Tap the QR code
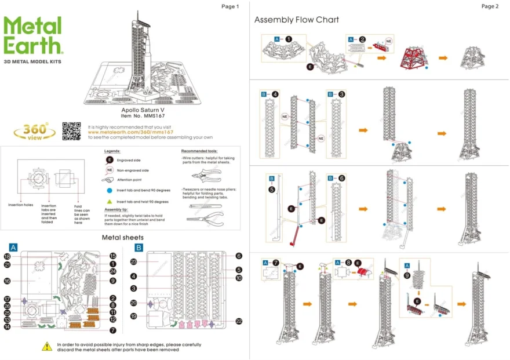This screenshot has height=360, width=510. (x=71, y=131)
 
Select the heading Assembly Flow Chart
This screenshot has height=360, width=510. (x=296, y=20)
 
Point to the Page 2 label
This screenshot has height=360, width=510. (x=489, y=6)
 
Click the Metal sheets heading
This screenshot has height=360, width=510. (x=122, y=237)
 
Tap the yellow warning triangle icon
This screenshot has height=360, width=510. (x=46, y=346)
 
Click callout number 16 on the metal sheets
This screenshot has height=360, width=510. (x=8, y=281)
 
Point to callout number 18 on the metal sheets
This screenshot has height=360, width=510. (x=8, y=256)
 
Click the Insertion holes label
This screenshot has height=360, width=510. (x=20, y=205)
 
